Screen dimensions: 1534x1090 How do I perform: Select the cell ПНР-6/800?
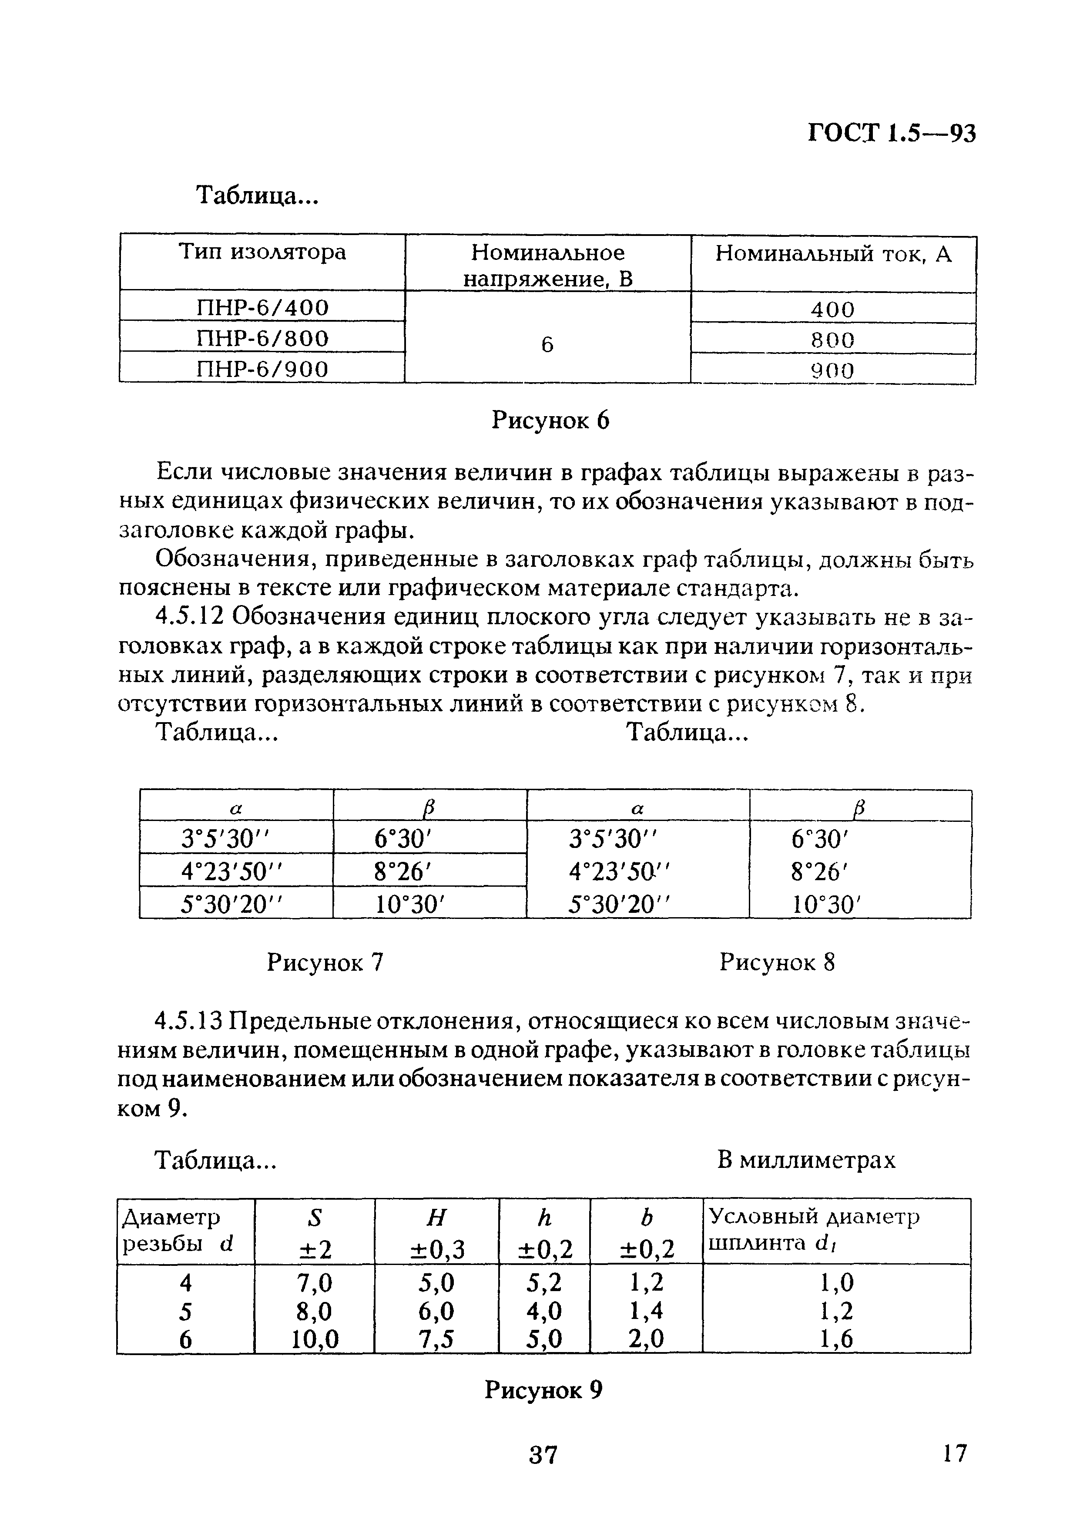click(262, 338)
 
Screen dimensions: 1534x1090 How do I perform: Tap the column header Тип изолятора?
click(262, 252)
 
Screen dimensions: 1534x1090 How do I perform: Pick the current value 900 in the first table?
click(832, 370)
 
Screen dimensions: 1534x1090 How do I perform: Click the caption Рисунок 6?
click(550, 421)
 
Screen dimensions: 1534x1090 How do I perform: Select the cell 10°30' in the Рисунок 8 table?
click(825, 905)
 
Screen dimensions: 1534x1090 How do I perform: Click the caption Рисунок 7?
click(325, 963)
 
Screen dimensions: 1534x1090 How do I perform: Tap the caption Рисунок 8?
click(777, 963)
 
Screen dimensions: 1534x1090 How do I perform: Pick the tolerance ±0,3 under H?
click(437, 1249)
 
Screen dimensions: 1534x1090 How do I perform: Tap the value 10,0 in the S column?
click(315, 1339)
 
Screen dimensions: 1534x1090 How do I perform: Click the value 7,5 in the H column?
click(436, 1339)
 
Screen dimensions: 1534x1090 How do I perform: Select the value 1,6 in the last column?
click(836, 1339)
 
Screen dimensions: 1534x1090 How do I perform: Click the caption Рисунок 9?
click(543, 1390)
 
